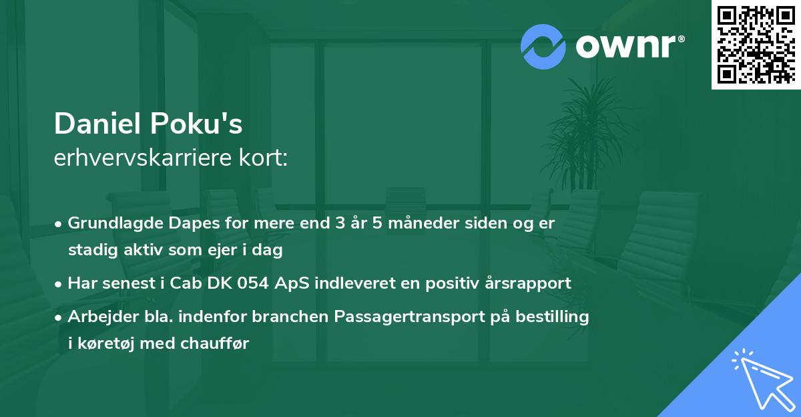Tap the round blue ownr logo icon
[x=543, y=46]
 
